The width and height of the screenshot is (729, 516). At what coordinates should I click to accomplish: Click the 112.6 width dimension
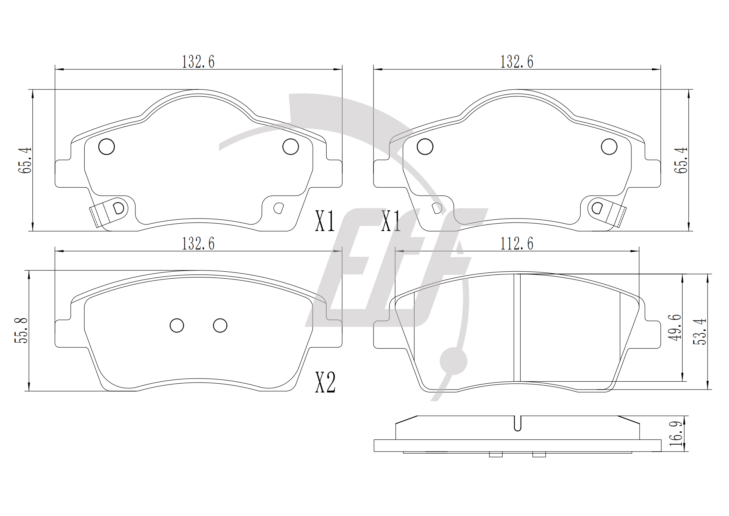point(517,244)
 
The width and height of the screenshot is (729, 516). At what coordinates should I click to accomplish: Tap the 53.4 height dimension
point(700,331)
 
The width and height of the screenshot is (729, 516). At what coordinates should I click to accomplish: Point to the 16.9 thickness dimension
point(676,434)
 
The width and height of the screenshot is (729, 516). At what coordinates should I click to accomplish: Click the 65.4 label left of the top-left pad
point(25,160)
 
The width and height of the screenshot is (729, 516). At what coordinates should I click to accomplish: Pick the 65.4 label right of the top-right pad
point(683,160)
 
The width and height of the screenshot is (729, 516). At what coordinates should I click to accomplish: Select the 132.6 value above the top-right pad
point(517,62)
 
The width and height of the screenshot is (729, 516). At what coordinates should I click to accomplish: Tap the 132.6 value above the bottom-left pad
point(198,244)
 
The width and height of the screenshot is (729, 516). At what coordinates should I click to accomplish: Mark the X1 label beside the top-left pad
point(325,221)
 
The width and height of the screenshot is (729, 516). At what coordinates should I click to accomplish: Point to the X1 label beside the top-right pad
point(391,221)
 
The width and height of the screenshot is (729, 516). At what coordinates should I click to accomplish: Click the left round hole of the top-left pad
point(107,147)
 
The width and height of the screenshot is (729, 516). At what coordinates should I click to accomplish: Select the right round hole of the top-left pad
point(290,147)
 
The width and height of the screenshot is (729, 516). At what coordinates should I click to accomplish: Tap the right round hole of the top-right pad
point(609,147)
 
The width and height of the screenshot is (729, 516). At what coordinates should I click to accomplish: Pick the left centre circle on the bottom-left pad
point(177,325)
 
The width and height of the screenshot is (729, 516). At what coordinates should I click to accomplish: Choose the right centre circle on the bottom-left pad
point(220,325)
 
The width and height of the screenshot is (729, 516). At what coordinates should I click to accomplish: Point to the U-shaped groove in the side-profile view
point(517,423)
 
